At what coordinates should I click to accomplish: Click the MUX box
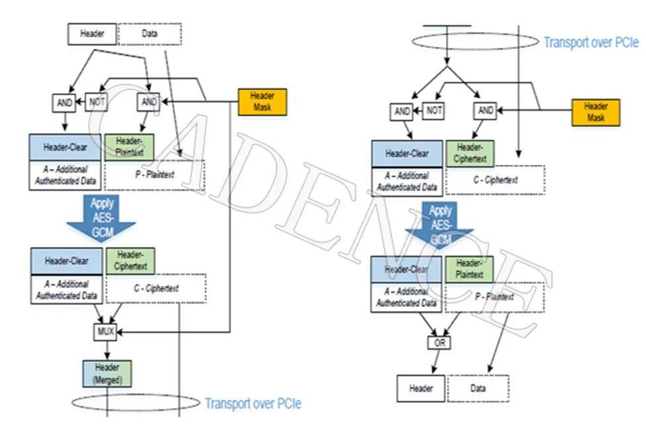click(x=105, y=331)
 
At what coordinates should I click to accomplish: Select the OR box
click(x=438, y=344)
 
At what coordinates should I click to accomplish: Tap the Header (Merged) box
click(x=107, y=373)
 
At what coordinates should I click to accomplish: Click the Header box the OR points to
click(x=421, y=389)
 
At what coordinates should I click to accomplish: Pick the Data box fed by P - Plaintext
click(x=478, y=389)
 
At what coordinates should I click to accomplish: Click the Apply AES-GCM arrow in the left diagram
click(x=101, y=218)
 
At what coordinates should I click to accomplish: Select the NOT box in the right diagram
click(x=433, y=111)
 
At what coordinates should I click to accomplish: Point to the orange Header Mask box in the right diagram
click(x=595, y=111)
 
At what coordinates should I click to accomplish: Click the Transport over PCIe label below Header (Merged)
click(x=252, y=403)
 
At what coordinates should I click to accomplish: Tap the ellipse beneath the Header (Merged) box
click(x=135, y=403)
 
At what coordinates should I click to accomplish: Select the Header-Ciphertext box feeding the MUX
click(x=130, y=261)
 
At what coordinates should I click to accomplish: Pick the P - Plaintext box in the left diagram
click(x=154, y=175)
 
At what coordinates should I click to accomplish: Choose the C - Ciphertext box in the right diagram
click(x=495, y=179)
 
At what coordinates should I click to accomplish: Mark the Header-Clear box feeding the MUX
click(x=66, y=261)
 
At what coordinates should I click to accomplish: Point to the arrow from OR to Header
click(x=434, y=362)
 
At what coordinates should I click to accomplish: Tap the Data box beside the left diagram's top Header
click(x=150, y=33)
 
